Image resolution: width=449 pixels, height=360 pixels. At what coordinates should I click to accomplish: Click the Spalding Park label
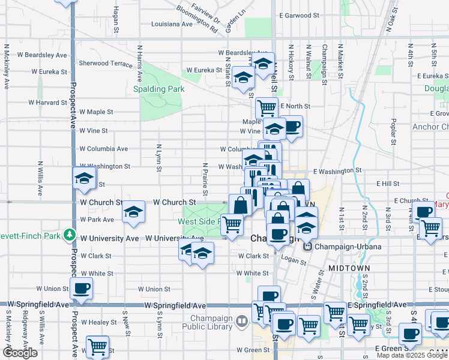(x=158, y=89)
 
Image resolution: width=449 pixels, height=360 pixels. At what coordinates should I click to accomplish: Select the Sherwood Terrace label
(x=106, y=63)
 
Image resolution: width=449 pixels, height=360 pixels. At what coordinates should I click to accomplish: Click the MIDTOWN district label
(x=349, y=268)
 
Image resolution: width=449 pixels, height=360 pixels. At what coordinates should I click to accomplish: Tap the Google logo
(x=20, y=353)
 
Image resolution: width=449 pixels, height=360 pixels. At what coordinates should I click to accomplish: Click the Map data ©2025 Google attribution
(x=412, y=355)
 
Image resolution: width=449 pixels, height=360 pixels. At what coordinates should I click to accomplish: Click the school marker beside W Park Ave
(x=133, y=212)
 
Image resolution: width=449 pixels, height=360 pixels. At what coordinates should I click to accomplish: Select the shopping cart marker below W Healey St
(x=97, y=346)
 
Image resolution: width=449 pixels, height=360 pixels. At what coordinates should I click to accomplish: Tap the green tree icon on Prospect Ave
(x=71, y=235)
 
